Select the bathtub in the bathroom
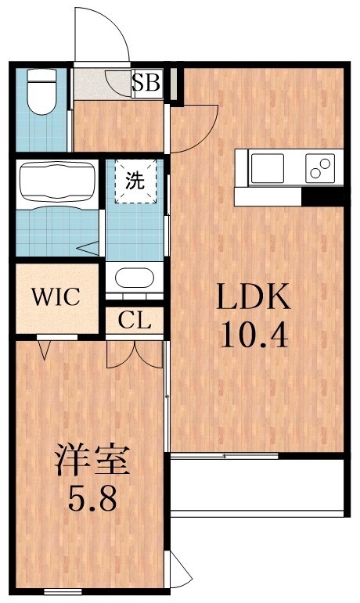(x=55, y=183)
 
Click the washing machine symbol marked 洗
(x=136, y=181)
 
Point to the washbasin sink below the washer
(x=135, y=278)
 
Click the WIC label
(x=55, y=298)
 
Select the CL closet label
(x=135, y=320)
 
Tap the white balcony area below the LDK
(x=258, y=485)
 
